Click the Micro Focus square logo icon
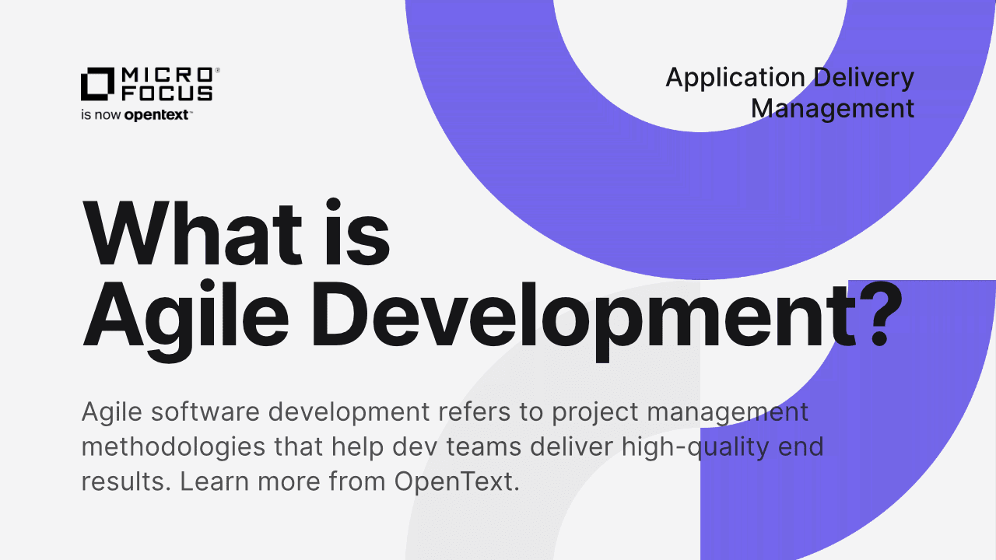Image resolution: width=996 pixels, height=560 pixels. pyautogui.click(x=98, y=85)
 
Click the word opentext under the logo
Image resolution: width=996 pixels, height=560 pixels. pyautogui.click(x=159, y=115)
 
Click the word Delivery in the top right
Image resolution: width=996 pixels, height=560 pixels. pyautogui.click(x=864, y=78)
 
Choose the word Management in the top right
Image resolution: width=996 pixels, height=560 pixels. pyautogui.click(x=833, y=108)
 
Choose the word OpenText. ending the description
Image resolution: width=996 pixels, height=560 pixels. pyautogui.click(x=456, y=481)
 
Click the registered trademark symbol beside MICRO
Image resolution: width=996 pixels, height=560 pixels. pyautogui.click(x=217, y=70)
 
